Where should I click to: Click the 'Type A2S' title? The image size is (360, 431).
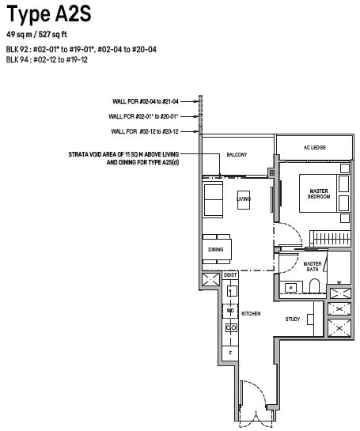[49, 14]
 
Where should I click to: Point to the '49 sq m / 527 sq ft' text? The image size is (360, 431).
[37, 35]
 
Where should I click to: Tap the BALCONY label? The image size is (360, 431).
[237, 155]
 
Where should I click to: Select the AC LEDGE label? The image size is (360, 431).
[315, 148]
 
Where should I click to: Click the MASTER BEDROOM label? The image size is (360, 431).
[319, 194]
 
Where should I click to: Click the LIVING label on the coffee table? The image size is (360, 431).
[244, 198]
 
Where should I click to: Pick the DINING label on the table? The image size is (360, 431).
[216, 250]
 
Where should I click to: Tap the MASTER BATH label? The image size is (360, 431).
[313, 267]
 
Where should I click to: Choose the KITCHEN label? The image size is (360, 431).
[251, 314]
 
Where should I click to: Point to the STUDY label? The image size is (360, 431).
[293, 319]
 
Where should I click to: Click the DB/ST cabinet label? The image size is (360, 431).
[230, 275]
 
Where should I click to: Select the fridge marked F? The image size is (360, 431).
[230, 353]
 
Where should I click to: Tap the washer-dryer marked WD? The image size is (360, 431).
[230, 311]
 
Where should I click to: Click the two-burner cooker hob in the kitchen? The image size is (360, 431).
[231, 327]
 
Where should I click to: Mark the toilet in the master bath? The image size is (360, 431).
[315, 286]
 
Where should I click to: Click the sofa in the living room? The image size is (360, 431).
[213, 200]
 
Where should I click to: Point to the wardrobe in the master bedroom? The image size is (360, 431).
[330, 238]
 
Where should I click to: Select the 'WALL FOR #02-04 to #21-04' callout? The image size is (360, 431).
[146, 101]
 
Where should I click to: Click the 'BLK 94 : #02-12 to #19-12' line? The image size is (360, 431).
[47, 59]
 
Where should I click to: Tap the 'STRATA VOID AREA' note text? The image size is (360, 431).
[123, 158]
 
